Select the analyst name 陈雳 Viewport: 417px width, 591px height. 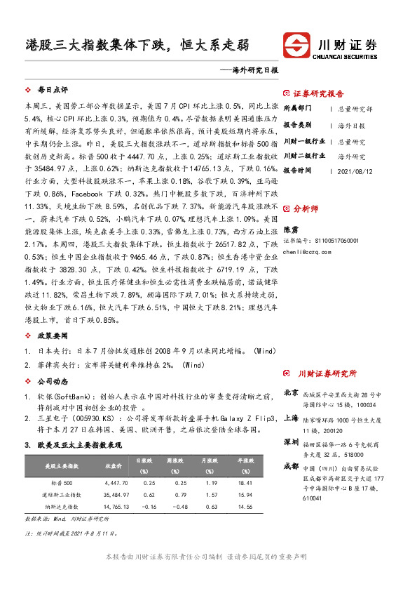coord(289,229)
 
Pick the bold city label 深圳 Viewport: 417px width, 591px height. coord(291,442)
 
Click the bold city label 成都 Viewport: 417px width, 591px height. coord(291,467)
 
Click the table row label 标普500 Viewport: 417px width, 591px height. coord(61,484)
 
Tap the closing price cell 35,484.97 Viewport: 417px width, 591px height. coord(114,495)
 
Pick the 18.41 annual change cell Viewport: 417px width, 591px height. coord(245,484)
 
